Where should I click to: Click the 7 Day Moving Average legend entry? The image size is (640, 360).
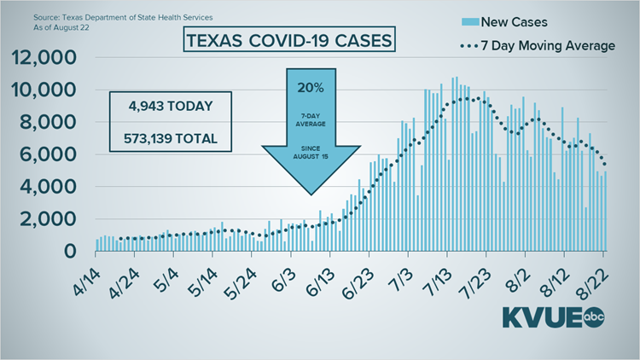coord(538,45)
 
